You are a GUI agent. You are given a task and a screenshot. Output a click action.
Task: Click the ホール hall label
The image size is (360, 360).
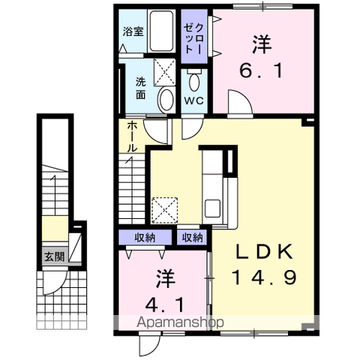pos(131,136)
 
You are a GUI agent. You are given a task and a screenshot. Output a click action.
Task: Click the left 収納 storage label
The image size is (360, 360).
pos(145,238)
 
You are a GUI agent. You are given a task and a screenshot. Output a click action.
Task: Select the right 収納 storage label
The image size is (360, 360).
pos(191,238)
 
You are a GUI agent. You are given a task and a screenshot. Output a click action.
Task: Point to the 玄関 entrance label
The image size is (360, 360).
pos(52,256)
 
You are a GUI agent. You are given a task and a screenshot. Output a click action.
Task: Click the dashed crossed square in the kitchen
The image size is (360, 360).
pos(163,209)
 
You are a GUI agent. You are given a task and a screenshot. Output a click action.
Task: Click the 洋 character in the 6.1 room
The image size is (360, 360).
pos(261,45)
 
